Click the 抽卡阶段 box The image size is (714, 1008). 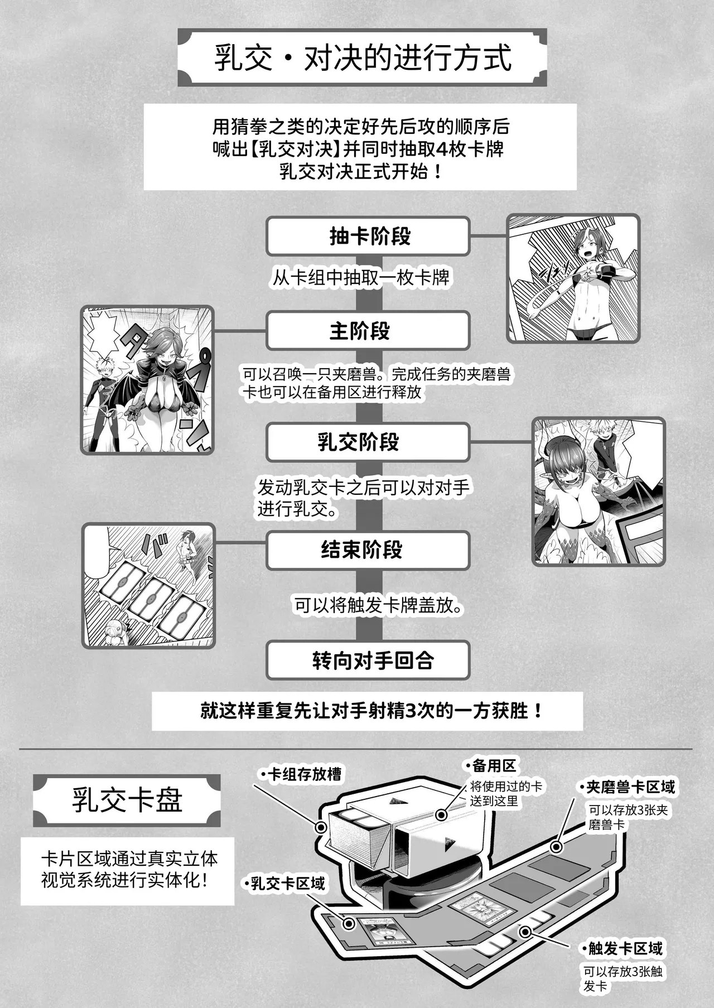368,236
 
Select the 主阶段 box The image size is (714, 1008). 368,331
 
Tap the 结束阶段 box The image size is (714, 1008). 368,550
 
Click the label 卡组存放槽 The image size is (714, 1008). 301,774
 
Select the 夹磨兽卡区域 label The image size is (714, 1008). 627,787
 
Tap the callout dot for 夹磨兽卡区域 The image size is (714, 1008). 556,847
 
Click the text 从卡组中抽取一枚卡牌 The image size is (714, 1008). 361,278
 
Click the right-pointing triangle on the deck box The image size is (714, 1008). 448,846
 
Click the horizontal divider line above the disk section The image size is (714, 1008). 357,749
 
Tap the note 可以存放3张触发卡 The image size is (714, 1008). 623,978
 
